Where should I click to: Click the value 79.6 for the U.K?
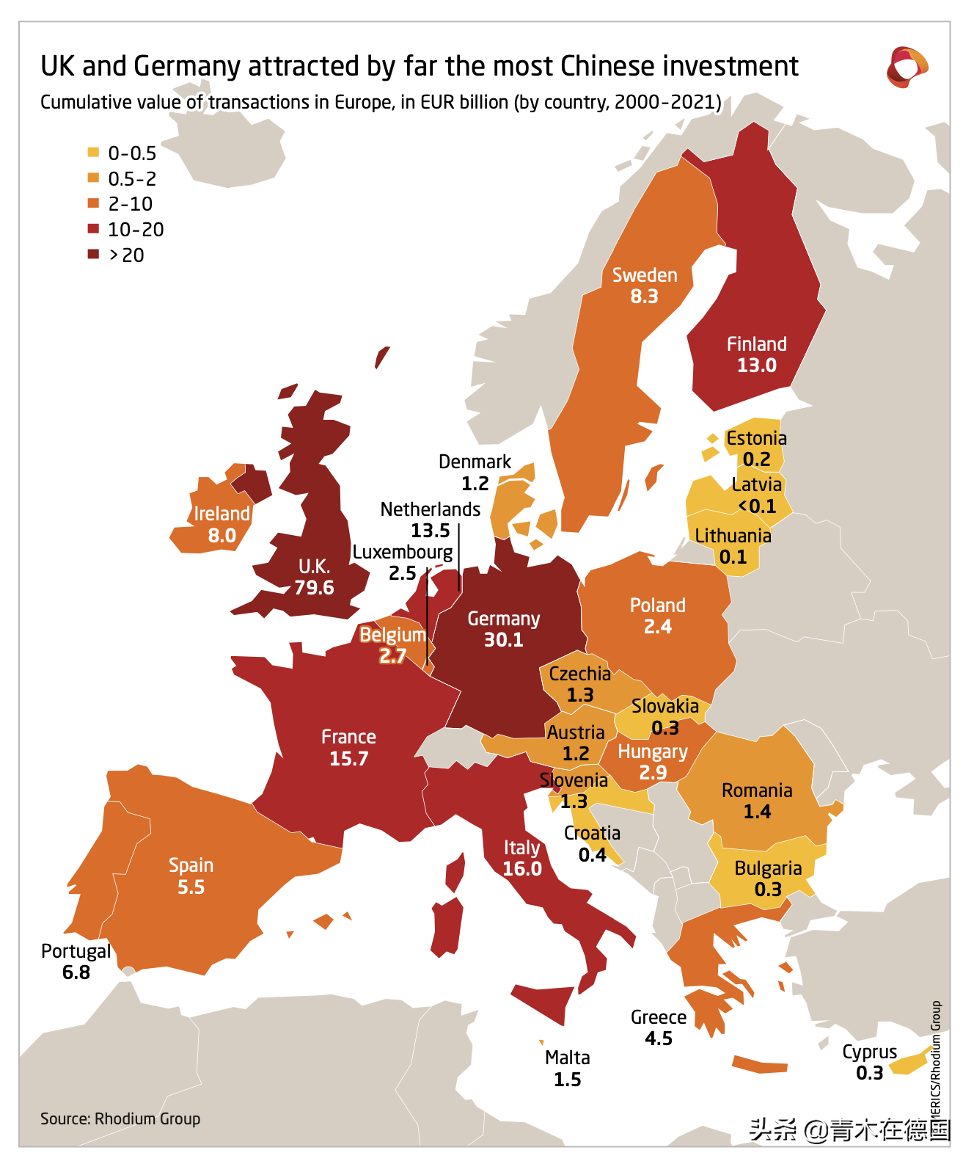[x=314, y=588]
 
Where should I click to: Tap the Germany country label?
[x=503, y=619]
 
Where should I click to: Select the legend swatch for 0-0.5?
[x=93, y=153]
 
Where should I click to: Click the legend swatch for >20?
[x=93, y=255]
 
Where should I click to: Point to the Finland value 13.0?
[x=756, y=365]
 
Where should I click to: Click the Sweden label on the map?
[x=645, y=275]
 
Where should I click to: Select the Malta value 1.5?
[x=567, y=1080]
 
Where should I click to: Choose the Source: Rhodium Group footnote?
[x=120, y=1118]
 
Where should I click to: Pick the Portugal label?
[x=76, y=951]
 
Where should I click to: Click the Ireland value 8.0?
[x=221, y=536]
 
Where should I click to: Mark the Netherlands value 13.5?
[x=431, y=531]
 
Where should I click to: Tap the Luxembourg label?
[x=403, y=552]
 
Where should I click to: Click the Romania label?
[x=757, y=790]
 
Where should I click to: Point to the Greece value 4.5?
[x=659, y=1038]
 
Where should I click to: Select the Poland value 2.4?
[x=658, y=627]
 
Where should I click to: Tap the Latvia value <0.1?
[x=757, y=506]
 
